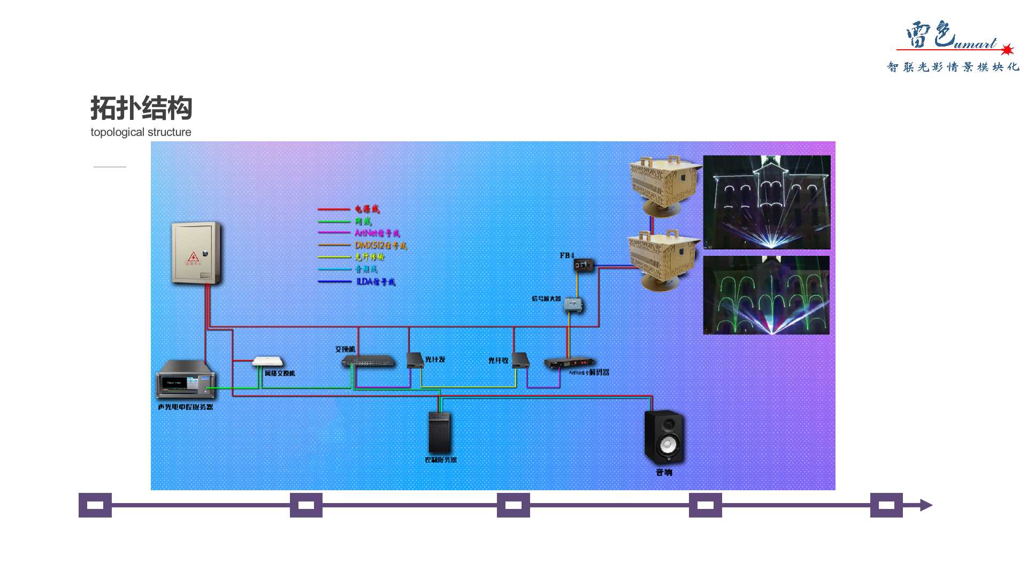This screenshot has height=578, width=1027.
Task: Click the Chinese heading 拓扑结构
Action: tap(141, 108)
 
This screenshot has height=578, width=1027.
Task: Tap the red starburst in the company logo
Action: tap(1007, 50)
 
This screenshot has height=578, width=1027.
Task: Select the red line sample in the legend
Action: tap(334, 209)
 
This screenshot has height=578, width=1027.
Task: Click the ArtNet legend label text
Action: tap(377, 233)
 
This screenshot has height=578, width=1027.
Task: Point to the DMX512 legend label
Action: tap(380, 245)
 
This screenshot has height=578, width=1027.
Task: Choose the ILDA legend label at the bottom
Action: tap(375, 282)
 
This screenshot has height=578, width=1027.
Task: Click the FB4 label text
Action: tap(567, 256)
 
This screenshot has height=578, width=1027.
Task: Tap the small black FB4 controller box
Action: tap(584, 265)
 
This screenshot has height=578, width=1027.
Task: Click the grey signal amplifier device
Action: tap(573, 305)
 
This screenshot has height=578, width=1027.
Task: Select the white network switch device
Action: tap(267, 362)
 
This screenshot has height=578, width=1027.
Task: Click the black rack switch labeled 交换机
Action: tap(368, 362)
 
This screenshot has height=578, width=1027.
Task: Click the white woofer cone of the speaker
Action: tap(668, 445)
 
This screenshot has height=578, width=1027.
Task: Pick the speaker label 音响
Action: tap(664, 472)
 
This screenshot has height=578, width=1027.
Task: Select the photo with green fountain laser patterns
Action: tap(766, 295)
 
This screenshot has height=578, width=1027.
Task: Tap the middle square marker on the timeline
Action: tap(513, 505)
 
